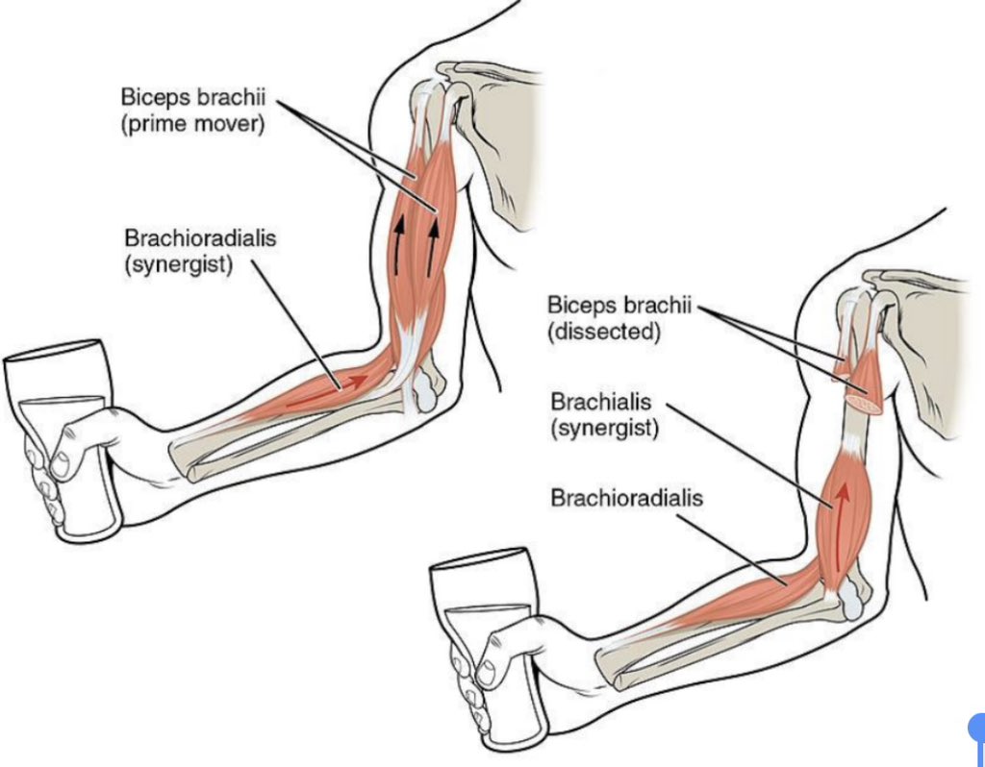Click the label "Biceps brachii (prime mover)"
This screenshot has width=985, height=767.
click(192, 111)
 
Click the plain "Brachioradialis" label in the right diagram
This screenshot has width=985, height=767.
click(626, 498)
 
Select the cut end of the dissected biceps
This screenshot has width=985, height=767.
click(864, 405)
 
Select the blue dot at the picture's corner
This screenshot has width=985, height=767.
click(976, 729)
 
